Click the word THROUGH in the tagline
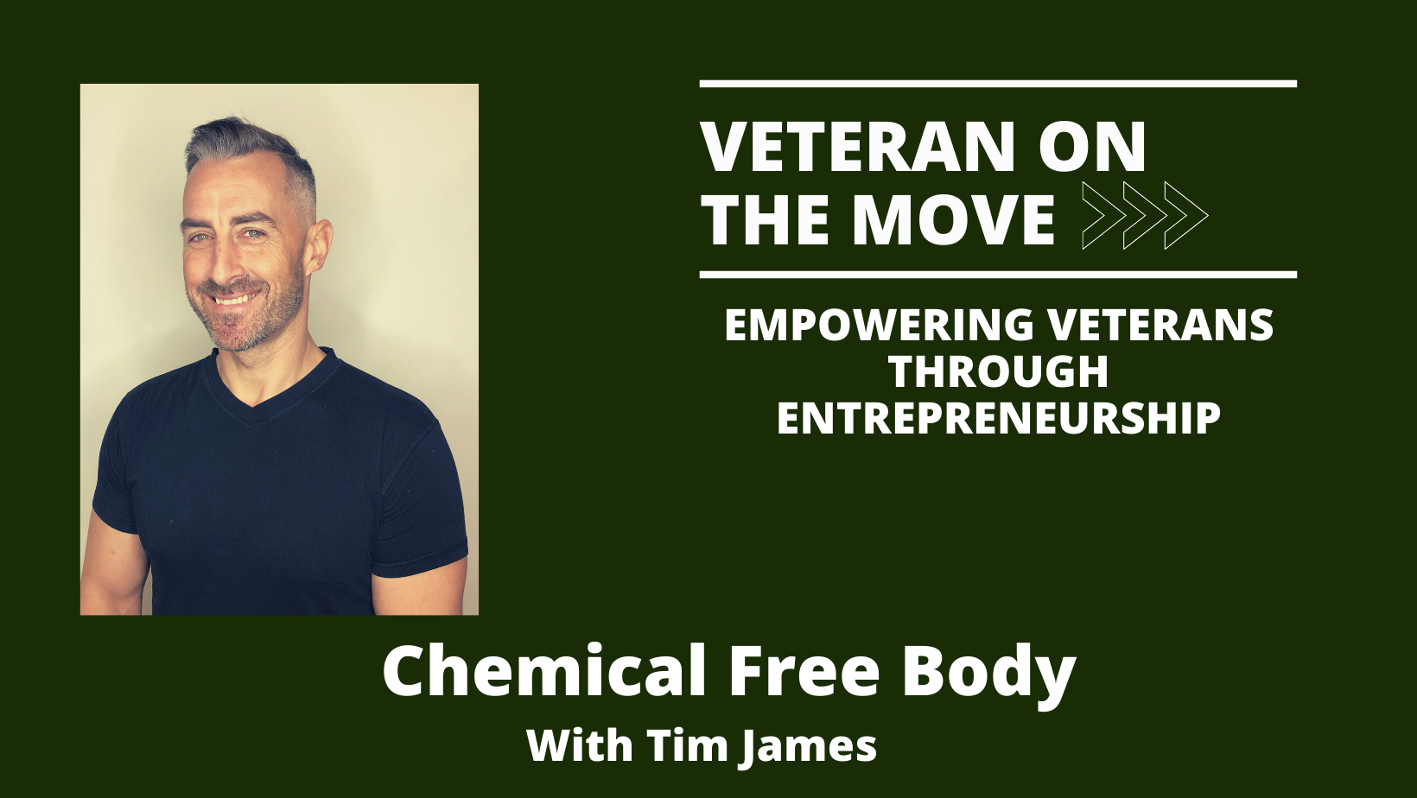click(999, 371)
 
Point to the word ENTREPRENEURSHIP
click(999, 418)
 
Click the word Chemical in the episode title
click(544, 671)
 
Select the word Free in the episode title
click(804, 672)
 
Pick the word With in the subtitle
click(580, 745)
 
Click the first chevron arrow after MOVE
click(1104, 215)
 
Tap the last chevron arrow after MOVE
click(1186, 215)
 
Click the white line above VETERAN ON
click(998, 84)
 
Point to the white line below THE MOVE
click(998, 275)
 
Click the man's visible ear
click(318, 247)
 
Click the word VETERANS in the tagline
click(1160, 325)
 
